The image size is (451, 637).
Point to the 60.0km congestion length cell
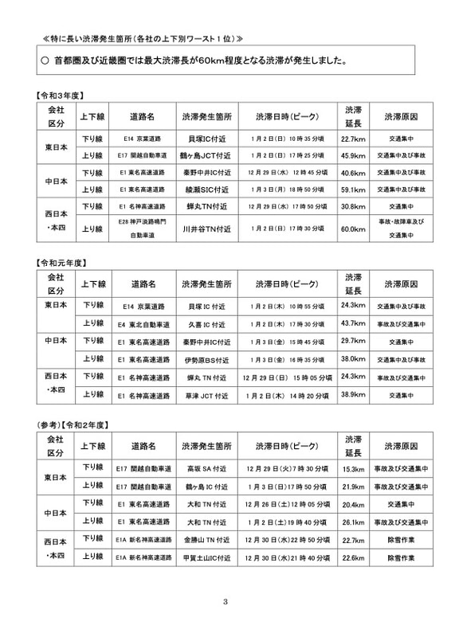click(x=352, y=229)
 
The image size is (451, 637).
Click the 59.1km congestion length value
click(x=352, y=190)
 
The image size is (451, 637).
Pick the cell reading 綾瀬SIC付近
click(x=206, y=190)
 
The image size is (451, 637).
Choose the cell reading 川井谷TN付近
click(x=206, y=229)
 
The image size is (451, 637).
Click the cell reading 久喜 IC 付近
click(x=206, y=323)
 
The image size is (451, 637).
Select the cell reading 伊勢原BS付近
click(x=206, y=359)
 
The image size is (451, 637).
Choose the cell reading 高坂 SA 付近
click(x=206, y=469)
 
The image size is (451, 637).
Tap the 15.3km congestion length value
click(x=352, y=469)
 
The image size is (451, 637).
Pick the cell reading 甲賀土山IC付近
click(x=206, y=557)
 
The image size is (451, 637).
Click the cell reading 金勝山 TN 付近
click(x=206, y=539)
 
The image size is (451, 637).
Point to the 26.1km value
click(x=352, y=522)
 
